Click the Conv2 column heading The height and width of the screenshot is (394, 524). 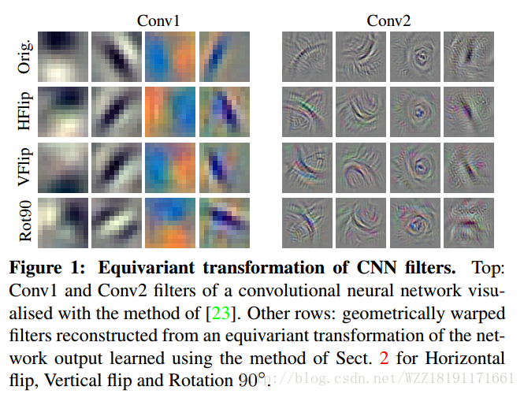click(388, 20)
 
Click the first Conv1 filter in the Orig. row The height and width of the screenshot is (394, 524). click(61, 57)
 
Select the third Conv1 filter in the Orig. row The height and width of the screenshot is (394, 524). click(169, 57)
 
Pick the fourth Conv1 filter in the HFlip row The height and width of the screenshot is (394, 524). click(224, 111)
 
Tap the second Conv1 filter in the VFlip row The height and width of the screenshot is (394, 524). click(115, 165)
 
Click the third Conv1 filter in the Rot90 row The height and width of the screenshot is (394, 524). click(169, 220)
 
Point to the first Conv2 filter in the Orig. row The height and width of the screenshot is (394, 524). click(306, 57)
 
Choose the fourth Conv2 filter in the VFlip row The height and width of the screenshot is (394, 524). click(469, 165)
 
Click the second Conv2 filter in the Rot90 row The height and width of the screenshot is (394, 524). click(360, 220)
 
